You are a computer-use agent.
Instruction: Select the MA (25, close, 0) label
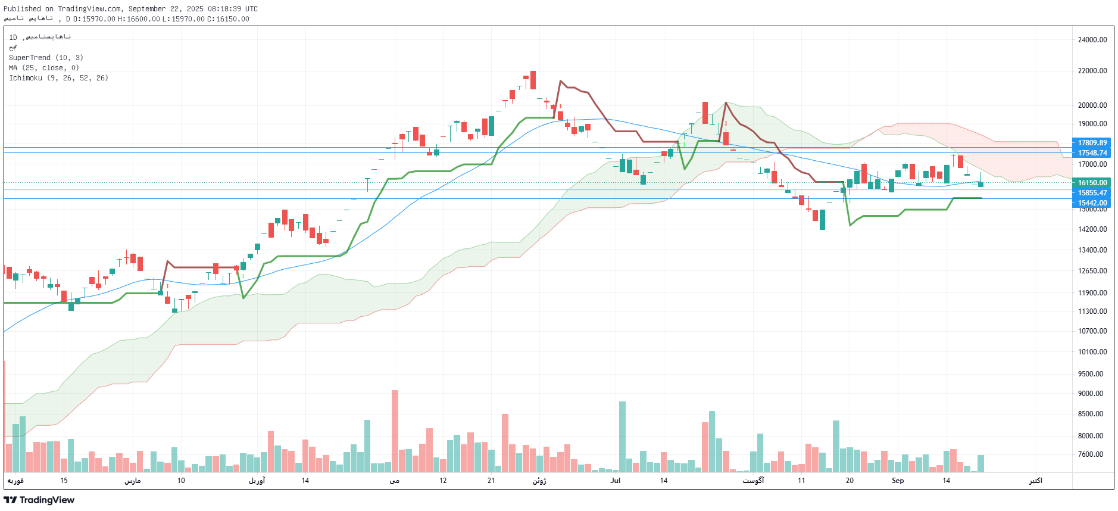tap(43, 68)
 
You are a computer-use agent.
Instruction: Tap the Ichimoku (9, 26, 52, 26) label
tap(58, 78)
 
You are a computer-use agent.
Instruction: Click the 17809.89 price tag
tap(1092, 143)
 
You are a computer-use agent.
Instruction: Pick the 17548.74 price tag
tap(1092, 153)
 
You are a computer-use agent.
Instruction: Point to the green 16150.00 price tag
tap(1092, 183)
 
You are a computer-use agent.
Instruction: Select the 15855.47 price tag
tap(1092, 193)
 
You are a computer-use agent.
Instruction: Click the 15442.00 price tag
tap(1092, 203)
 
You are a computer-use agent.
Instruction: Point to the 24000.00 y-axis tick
tap(1092, 40)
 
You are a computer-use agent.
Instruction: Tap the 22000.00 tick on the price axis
tap(1092, 71)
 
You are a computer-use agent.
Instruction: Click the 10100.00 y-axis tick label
tap(1092, 352)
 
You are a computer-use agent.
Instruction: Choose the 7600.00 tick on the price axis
tap(1092, 454)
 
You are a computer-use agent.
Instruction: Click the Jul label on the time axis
tap(615, 481)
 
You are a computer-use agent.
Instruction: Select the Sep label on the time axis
tap(898, 481)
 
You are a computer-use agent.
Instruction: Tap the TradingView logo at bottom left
tap(39, 500)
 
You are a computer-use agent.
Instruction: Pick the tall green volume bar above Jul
tap(622, 437)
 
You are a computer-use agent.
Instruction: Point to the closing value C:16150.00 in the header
tap(228, 19)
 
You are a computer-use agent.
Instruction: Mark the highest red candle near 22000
tap(533, 80)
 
